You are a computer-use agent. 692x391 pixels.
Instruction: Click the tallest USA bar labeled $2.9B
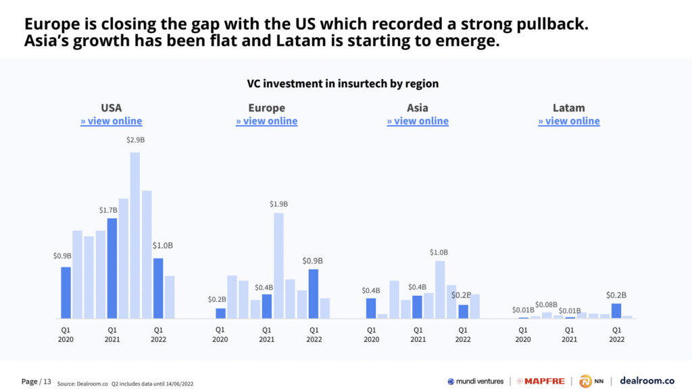coord(135,235)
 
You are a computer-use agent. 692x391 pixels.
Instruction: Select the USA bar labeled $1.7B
coord(112,267)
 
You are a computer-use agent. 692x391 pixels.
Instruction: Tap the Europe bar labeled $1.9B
coord(278,265)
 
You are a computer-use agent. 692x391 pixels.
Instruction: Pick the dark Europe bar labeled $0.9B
coord(314,293)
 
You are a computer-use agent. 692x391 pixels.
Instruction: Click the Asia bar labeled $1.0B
coord(440,289)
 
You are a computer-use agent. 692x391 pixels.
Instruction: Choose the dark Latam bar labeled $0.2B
coord(616,311)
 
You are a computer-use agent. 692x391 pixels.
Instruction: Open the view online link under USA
coord(112,121)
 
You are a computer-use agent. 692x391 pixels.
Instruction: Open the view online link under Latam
coord(569,121)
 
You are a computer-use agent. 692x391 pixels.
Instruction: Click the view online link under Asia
coord(418,121)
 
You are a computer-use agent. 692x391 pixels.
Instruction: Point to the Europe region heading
coord(267,108)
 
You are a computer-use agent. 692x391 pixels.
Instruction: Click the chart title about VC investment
coord(343,84)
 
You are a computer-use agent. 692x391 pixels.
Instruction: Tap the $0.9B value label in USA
coord(63,256)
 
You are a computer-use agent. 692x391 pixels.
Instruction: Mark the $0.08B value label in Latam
coord(547,305)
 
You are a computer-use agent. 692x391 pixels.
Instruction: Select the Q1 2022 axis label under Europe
coord(314,335)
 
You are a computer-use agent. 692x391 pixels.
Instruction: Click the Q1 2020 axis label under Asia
coord(371,335)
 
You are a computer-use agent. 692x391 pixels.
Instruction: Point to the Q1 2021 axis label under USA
coord(112,335)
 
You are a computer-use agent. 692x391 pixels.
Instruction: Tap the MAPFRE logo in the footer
coord(541,381)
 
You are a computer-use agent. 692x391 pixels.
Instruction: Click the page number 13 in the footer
coord(47,382)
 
